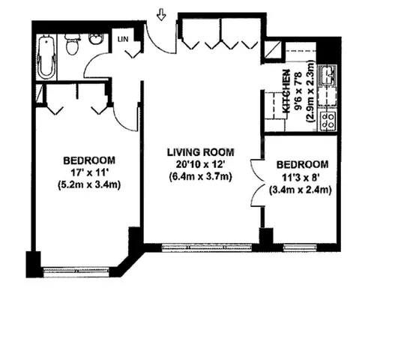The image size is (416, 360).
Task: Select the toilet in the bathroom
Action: pos(72,47)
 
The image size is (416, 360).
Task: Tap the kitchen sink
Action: pos(327,76)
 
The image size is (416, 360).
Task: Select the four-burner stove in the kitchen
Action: pos(328,118)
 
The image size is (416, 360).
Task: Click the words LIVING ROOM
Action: pos(199,153)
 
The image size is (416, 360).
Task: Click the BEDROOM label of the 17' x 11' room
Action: pos(88,160)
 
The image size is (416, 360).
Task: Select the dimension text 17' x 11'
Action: pos(88,172)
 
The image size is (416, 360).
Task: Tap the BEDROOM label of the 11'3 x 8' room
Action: pos(302,165)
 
